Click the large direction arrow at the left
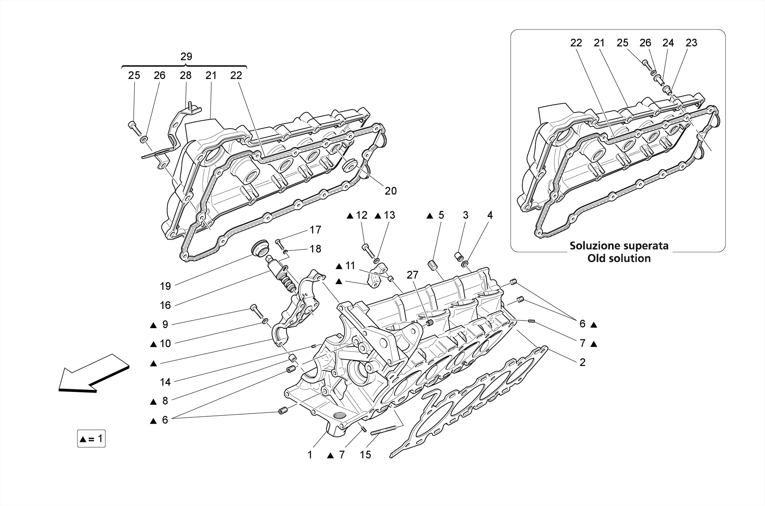[93, 374]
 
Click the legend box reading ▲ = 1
[91, 438]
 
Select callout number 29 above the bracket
[186, 57]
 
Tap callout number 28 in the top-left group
[185, 75]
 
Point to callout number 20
[390, 191]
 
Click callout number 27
[412, 275]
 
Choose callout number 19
[165, 286]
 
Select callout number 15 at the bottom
[365, 455]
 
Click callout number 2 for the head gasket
[582, 362]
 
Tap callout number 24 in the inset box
[668, 43]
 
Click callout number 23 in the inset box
[691, 43]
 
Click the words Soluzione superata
[619, 246]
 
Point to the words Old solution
[619, 258]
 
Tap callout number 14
[165, 382]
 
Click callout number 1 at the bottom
[310, 455]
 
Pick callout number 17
[315, 230]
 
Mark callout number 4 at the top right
[490, 215]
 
